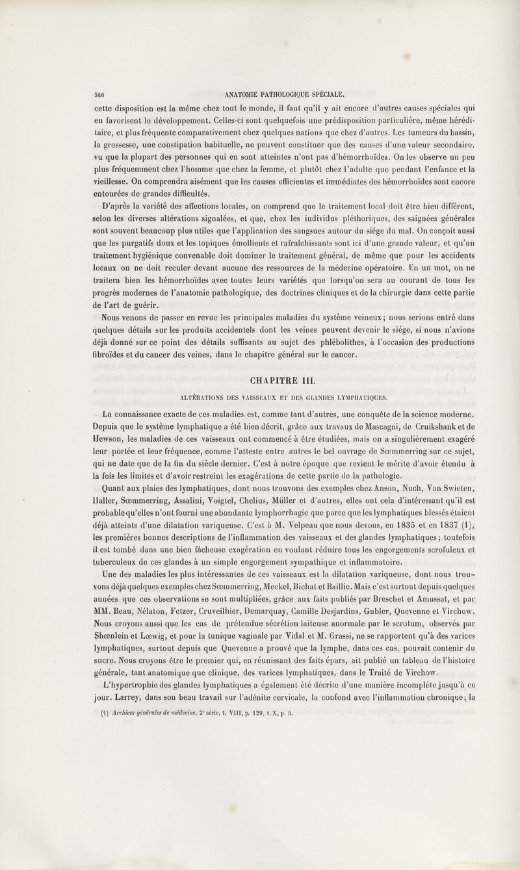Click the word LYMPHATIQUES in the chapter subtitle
(x=359, y=397)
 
